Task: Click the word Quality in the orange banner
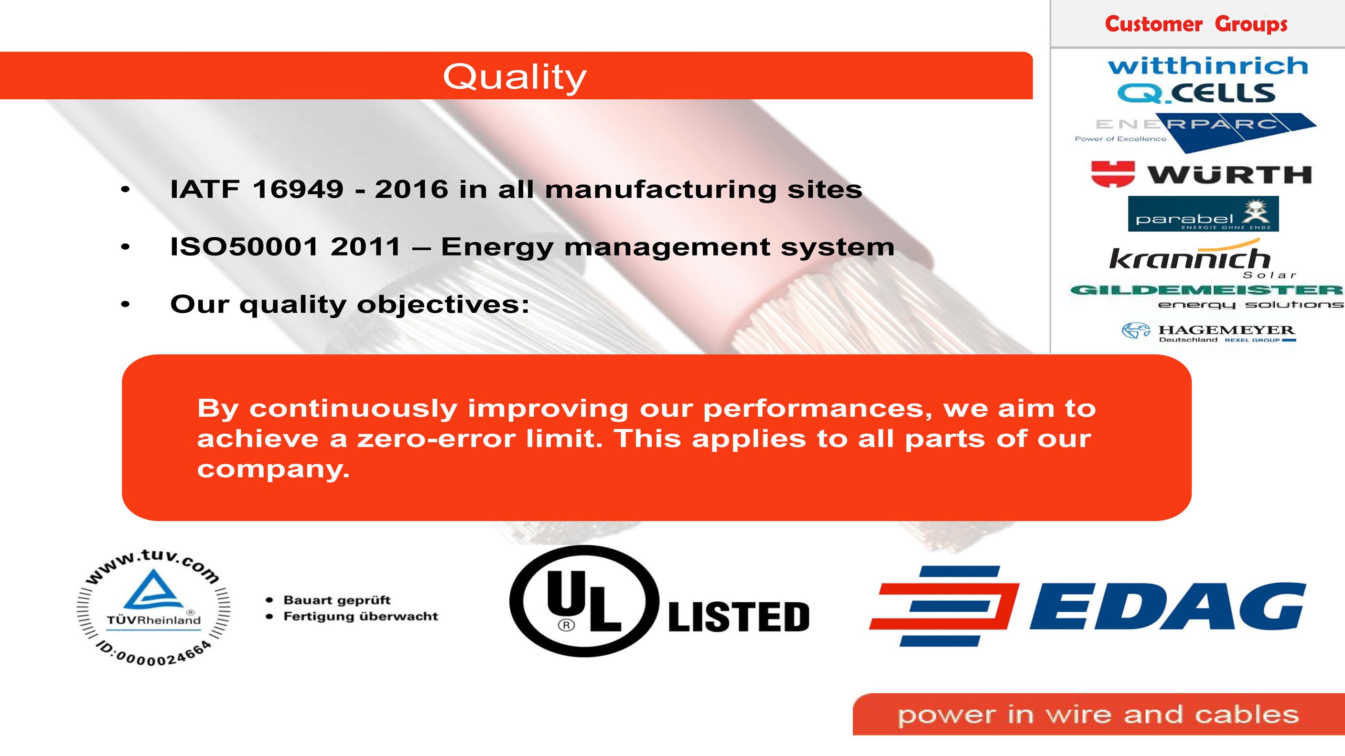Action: (515, 78)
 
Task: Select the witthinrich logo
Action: (1208, 66)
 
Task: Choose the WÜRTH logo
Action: (1201, 174)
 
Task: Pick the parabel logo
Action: (1203, 213)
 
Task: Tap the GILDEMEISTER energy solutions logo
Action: (1206, 297)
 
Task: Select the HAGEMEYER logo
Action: (1209, 332)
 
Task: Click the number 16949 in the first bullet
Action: (298, 189)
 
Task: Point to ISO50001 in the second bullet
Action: (244, 246)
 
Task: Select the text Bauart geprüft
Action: (337, 600)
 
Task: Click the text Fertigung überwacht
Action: (360, 616)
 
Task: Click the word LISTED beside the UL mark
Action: (739, 617)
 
